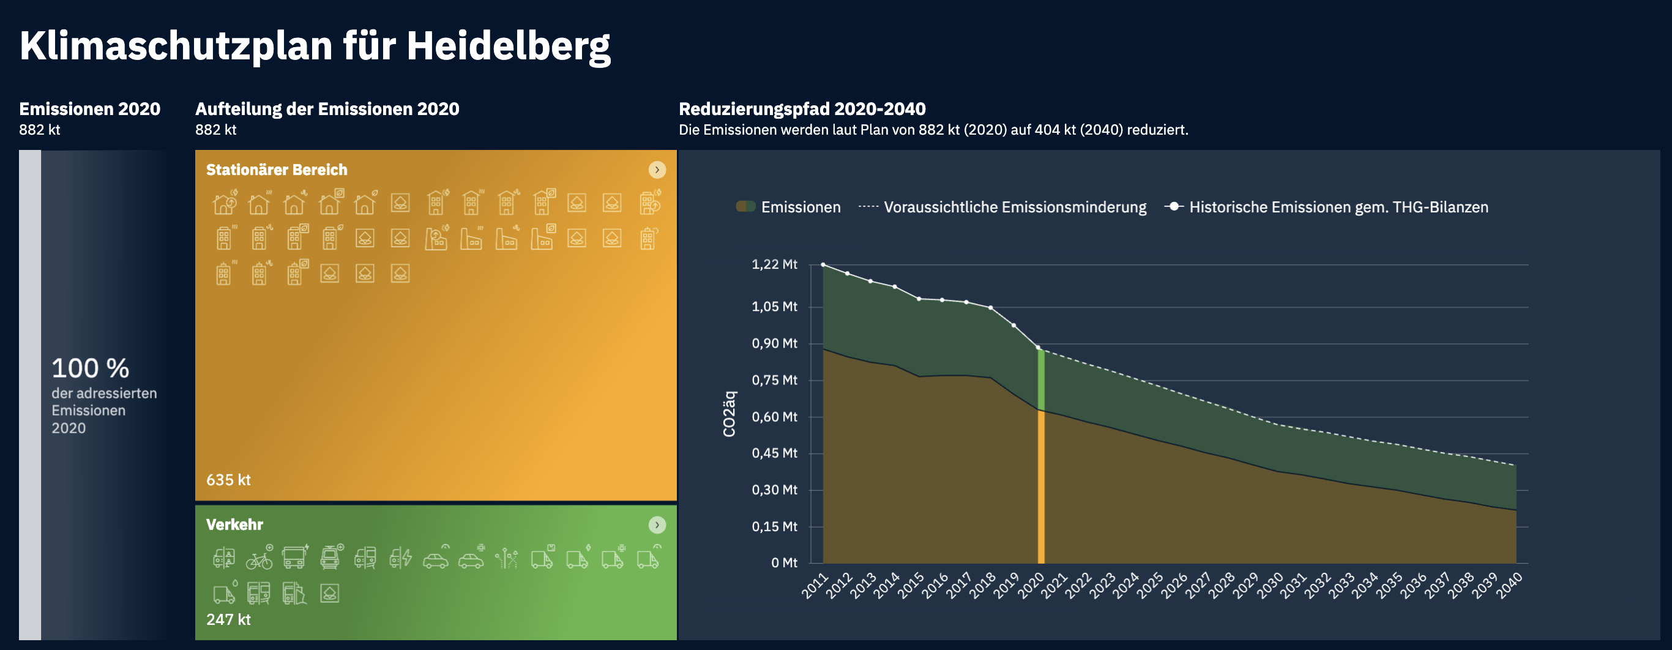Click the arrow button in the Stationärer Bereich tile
click(x=657, y=170)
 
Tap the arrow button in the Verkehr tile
click(x=657, y=525)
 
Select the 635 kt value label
click(x=228, y=480)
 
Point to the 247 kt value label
click(x=228, y=619)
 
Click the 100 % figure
click(x=90, y=369)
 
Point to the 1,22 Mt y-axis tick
click(x=774, y=264)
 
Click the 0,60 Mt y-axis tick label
click(x=774, y=417)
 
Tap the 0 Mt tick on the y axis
click(x=783, y=563)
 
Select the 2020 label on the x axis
click(x=1031, y=585)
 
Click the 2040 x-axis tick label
click(x=1509, y=585)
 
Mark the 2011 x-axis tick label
click(x=815, y=585)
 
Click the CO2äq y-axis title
click(x=730, y=414)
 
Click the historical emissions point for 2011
click(x=823, y=265)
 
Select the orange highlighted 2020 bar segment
click(x=1041, y=487)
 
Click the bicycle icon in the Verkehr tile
click(x=259, y=558)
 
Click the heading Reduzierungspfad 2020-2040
click(x=802, y=109)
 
